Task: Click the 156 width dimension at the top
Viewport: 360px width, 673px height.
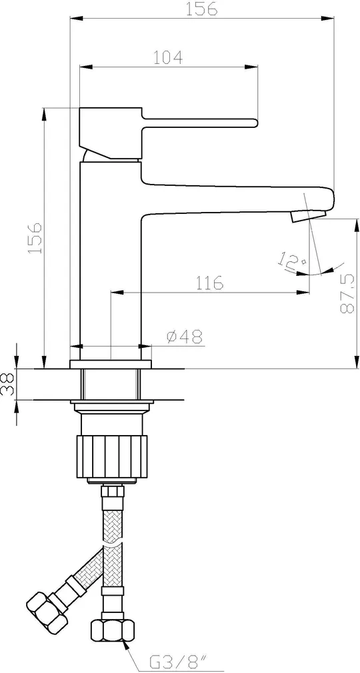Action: pyautogui.click(x=201, y=9)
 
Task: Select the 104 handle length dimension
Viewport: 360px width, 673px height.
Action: pyautogui.click(x=169, y=57)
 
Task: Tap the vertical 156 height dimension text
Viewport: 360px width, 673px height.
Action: pyautogui.click(x=35, y=237)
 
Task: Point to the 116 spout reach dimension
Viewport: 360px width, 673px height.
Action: pyautogui.click(x=209, y=283)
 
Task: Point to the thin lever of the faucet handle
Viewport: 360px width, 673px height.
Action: pyautogui.click(x=199, y=123)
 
